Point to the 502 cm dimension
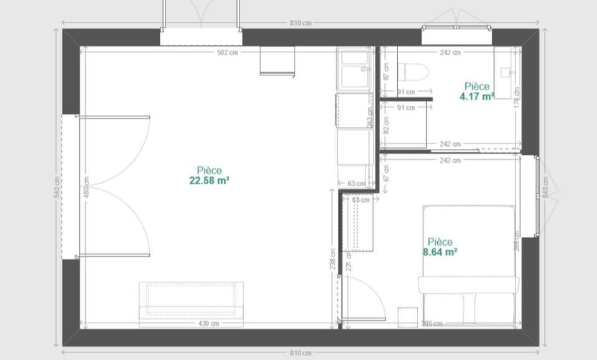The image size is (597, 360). click(227, 53)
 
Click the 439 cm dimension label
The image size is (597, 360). click(208, 323)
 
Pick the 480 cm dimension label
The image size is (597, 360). click(86, 187)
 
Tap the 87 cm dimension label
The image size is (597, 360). click(386, 73)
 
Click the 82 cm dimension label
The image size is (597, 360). click(386, 126)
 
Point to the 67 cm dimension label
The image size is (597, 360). click(386, 174)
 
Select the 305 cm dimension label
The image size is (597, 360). click(432, 323)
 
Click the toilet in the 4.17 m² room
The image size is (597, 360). click(414, 72)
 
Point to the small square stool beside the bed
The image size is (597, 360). click(407, 315)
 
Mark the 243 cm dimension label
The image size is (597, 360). click(370, 113)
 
